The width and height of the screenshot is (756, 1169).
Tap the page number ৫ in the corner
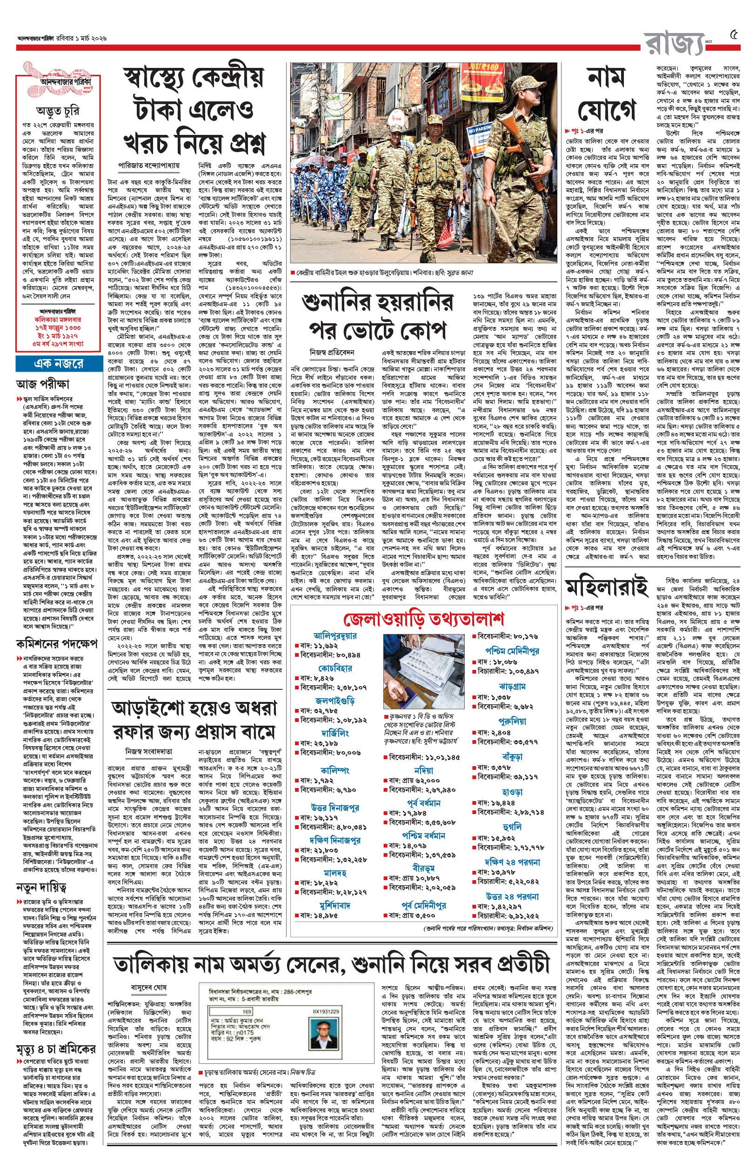click(x=734, y=35)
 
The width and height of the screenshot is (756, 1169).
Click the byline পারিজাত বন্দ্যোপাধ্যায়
click(x=149, y=166)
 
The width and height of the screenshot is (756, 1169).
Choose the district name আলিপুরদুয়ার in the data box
click(x=335, y=636)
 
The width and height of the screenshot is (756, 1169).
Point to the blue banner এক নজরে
click(x=59, y=364)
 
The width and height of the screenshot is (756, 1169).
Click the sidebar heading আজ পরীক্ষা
click(x=43, y=383)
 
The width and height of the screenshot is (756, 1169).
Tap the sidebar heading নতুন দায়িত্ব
click(x=41, y=887)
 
